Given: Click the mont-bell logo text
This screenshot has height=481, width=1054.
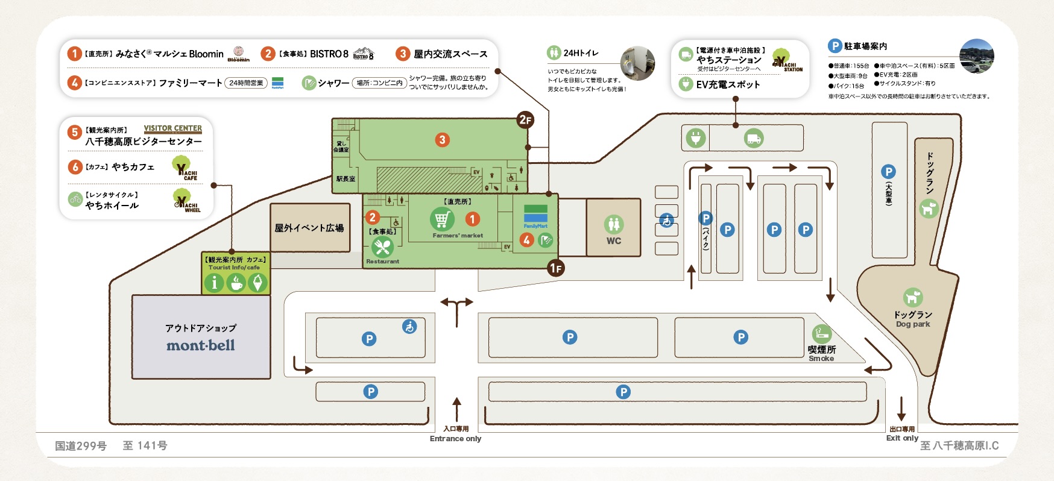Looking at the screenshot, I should click(201, 345).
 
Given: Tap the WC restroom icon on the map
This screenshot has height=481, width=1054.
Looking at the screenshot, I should click(614, 224).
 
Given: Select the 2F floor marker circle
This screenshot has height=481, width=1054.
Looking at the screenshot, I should click(525, 119).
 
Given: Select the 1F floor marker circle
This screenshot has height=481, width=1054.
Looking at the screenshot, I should click(556, 268).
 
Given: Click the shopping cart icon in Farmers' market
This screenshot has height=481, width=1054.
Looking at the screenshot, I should click(442, 219).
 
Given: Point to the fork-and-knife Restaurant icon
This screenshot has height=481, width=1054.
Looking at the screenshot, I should click(382, 247).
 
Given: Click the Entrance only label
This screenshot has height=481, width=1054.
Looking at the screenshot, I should click(455, 439).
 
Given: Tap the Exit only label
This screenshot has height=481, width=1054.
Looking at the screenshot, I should click(902, 438).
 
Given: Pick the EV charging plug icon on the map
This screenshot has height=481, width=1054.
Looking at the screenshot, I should click(696, 138).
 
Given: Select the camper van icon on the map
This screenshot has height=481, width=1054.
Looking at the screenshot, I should click(754, 138).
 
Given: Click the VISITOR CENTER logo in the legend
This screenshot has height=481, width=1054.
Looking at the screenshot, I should click(173, 128).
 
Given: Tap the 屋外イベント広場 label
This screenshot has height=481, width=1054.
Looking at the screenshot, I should click(309, 228).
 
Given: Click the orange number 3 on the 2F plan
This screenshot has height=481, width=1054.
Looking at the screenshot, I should click(442, 140).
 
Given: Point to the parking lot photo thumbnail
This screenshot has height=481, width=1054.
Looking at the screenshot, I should click(977, 56).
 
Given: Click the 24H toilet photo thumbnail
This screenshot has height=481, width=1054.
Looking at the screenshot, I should click(637, 63).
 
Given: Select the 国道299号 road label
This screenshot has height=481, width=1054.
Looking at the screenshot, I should click(81, 446).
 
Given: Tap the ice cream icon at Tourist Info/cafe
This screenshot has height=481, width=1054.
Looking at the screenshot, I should click(257, 282).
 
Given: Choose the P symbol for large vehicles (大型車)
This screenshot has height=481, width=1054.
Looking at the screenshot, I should click(888, 172).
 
